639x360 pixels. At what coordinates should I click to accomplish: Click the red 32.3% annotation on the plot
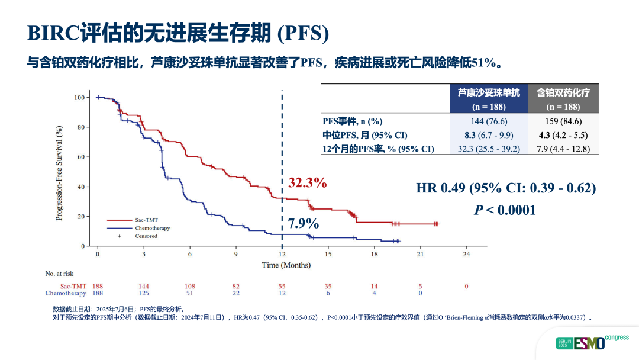tap(307, 183)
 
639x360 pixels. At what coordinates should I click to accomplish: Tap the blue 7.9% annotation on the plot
tap(304, 224)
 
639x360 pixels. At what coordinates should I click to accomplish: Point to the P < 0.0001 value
tap(505, 210)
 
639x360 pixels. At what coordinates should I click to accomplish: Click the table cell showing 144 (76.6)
tap(488, 121)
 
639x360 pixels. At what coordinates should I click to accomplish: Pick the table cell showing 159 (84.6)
tap(563, 121)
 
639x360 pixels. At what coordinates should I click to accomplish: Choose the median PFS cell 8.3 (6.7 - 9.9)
tap(488, 135)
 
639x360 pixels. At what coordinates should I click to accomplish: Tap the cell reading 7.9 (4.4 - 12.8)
tap(563, 149)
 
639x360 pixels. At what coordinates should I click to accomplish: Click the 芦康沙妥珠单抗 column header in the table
tap(489, 92)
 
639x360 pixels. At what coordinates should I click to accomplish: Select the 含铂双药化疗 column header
tap(563, 92)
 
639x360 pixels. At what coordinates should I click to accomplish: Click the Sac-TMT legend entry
tap(146, 220)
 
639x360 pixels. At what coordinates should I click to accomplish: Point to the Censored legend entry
tap(146, 236)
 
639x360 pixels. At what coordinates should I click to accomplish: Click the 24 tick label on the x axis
tap(466, 254)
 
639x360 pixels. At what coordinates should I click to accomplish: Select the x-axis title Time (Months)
tap(286, 265)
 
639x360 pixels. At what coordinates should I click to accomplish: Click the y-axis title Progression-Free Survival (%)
tap(59, 173)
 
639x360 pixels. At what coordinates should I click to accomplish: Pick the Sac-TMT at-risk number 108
tap(190, 287)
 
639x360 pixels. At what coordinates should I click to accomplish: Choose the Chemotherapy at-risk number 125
tap(144, 294)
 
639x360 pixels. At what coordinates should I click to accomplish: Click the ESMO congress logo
tap(592, 342)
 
